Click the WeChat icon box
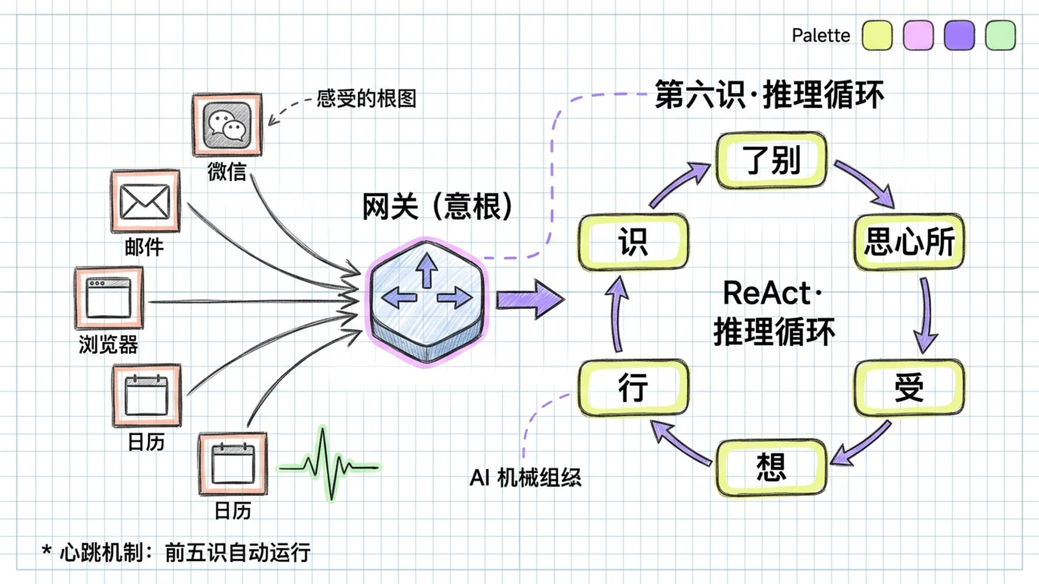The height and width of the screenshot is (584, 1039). click(x=227, y=125)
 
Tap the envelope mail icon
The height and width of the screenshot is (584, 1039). click(x=145, y=202)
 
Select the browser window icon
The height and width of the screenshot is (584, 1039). click(x=109, y=298)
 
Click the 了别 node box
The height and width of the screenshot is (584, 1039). click(x=771, y=161)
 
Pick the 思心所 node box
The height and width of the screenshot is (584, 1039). click(x=909, y=242)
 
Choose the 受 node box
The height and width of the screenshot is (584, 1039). click(x=909, y=388)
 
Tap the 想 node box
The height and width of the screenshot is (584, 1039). click(x=771, y=467)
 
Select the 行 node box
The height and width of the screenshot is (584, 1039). click(x=633, y=388)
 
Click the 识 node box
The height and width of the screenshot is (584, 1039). click(x=633, y=242)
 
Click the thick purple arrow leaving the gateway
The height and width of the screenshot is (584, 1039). click(x=529, y=299)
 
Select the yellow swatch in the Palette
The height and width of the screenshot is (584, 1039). click(x=877, y=36)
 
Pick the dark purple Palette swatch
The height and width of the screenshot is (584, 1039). click(x=959, y=36)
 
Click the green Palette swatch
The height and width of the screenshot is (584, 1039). click(x=1000, y=36)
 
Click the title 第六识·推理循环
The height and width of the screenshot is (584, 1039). click(x=769, y=95)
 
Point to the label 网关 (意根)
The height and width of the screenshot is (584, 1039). click(x=437, y=207)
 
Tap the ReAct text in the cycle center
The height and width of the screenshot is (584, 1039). click(x=767, y=293)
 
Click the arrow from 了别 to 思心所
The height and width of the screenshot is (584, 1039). click(x=865, y=184)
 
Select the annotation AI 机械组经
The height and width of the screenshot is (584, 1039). click(x=525, y=478)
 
